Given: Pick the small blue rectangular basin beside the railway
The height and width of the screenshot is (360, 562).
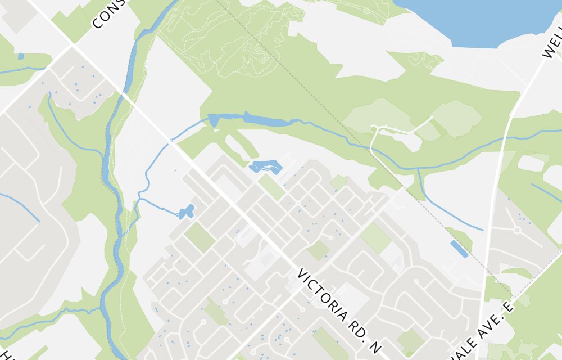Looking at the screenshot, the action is click(x=459, y=249).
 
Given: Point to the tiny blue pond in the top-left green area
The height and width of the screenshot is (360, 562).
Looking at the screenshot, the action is click(x=21, y=56).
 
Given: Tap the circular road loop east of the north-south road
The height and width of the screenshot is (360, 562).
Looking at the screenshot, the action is click(x=516, y=229).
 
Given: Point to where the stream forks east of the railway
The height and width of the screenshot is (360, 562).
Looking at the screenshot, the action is click(x=419, y=169).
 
